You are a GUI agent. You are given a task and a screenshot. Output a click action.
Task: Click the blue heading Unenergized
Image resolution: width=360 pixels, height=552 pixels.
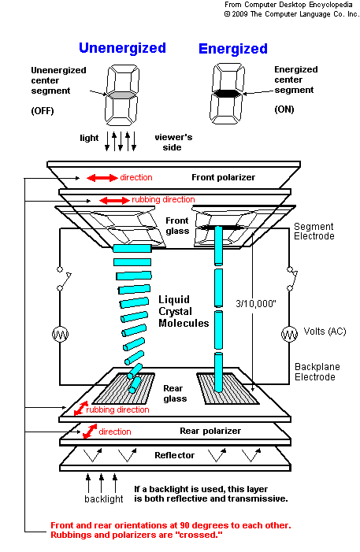pyautogui.click(x=122, y=48)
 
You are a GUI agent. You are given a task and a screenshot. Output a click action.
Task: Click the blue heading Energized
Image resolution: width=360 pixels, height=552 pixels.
pyautogui.click(x=233, y=49)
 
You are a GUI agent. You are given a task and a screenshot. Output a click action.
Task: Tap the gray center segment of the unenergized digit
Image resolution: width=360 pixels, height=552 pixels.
pyautogui.click(x=121, y=95)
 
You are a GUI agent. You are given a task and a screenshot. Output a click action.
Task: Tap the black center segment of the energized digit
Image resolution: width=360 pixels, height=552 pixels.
pyautogui.click(x=227, y=93)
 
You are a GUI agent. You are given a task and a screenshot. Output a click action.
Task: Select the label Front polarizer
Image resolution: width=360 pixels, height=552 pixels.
pyautogui.click(x=224, y=177)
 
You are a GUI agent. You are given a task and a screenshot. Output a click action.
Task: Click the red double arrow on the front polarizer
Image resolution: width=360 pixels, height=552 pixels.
pyautogui.click(x=102, y=178)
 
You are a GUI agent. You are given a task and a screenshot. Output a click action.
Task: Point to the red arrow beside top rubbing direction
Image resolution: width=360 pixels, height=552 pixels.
pyautogui.click(x=114, y=201)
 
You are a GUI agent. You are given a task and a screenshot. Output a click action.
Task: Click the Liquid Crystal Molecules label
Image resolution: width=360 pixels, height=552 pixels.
pyautogui.click(x=184, y=311)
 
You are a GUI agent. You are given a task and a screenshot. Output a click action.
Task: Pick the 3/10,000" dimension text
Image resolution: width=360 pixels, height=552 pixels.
pyautogui.click(x=256, y=303)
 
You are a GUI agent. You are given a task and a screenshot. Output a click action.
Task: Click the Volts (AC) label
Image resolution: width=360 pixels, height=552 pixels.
pyautogui.click(x=325, y=332)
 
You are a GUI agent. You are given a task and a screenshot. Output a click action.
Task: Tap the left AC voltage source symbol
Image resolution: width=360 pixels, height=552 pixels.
pyautogui.click(x=60, y=334)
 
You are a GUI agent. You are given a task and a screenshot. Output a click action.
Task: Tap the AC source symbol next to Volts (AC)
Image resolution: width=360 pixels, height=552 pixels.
pyautogui.click(x=289, y=334)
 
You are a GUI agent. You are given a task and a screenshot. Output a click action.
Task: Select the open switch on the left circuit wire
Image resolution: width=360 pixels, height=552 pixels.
pyautogui.click(x=63, y=279)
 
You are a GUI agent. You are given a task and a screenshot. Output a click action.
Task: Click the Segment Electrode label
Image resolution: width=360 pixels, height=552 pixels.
pyautogui.click(x=314, y=232)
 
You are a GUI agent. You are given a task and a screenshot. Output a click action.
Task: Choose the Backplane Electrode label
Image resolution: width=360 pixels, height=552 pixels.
pyautogui.click(x=317, y=372)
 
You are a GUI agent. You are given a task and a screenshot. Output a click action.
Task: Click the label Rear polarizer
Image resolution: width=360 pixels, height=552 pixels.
pyautogui.click(x=210, y=431)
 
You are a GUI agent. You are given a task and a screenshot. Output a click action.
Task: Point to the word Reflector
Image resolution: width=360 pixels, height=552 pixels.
pyautogui.click(x=174, y=455)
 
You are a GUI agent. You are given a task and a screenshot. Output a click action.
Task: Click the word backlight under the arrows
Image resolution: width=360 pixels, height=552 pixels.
pyautogui.click(x=103, y=498)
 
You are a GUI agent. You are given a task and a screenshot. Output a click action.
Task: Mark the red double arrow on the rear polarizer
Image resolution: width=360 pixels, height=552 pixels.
pyautogui.click(x=90, y=432)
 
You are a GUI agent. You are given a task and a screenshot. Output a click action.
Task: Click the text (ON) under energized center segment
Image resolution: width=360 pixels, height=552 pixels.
pyautogui.click(x=284, y=109)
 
